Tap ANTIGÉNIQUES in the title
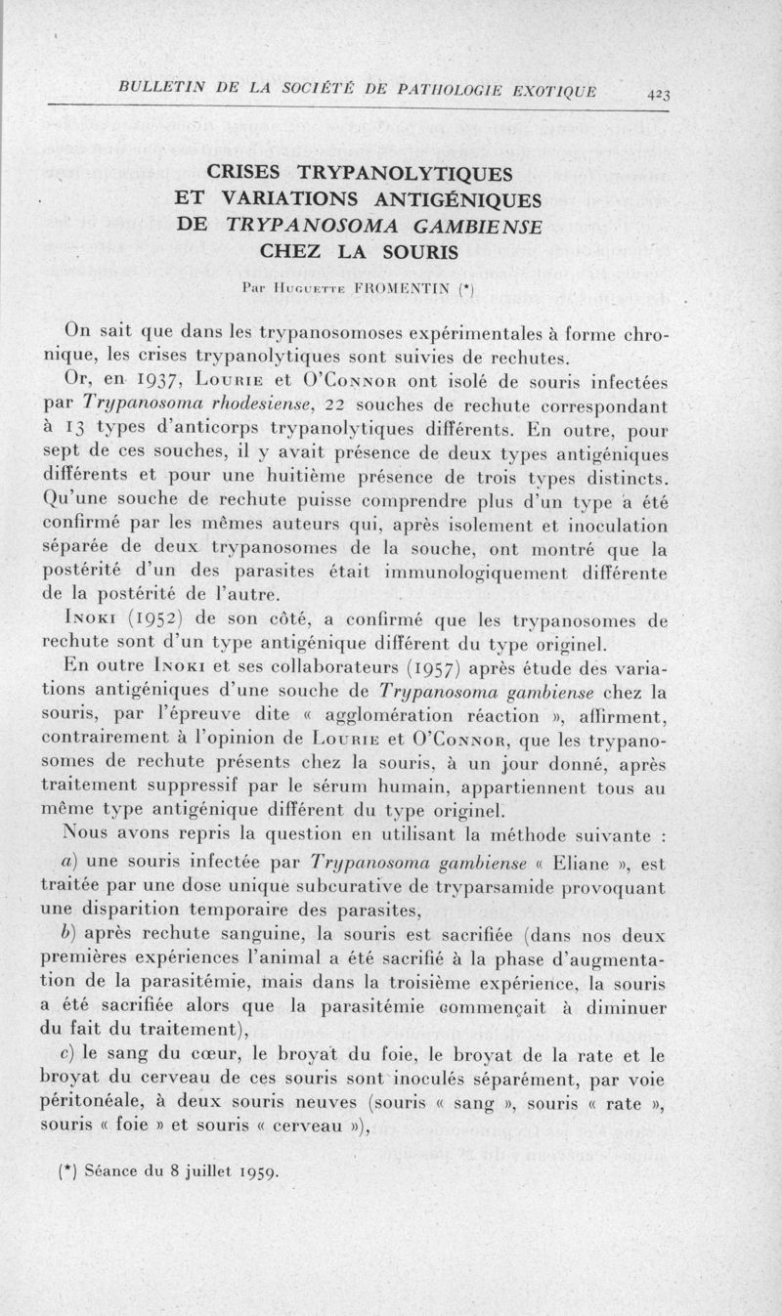tap(454, 200)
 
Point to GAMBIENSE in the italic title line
tap(466, 226)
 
